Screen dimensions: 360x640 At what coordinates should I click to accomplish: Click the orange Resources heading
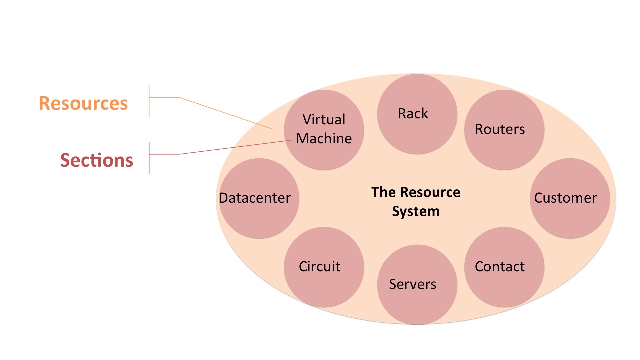click(83, 103)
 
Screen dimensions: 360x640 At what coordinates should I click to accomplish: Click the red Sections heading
click(97, 160)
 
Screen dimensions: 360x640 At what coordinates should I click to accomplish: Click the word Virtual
click(324, 119)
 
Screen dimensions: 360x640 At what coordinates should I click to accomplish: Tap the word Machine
click(324, 138)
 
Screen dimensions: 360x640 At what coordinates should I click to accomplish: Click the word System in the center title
click(416, 211)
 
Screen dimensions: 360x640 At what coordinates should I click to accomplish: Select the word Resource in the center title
click(430, 192)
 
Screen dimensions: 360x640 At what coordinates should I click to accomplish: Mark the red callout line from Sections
click(233, 148)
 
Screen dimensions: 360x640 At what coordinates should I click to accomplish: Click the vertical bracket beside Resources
click(149, 101)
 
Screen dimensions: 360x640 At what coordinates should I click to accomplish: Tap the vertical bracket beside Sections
click(149, 158)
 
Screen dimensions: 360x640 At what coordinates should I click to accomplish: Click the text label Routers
click(500, 129)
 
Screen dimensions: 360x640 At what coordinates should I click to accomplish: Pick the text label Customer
click(565, 198)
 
